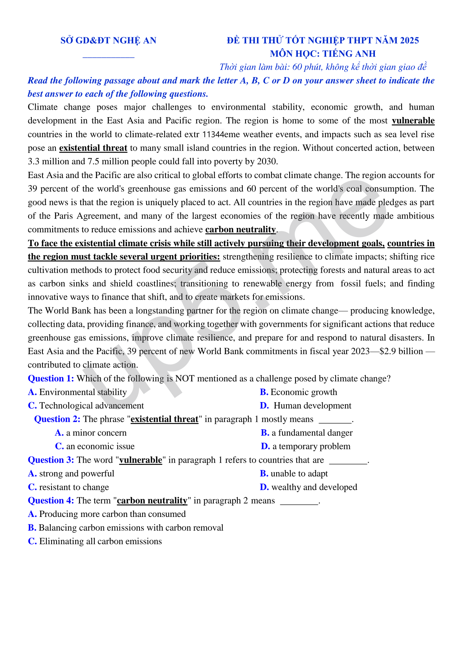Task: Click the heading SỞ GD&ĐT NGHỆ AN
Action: pyautogui.click(x=108, y=40)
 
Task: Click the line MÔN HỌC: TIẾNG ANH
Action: pyautogui.click(x=323, y=54)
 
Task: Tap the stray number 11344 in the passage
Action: pyautogui.click(x=213, y=134)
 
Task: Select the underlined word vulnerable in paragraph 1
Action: pyautogui.click(x=413, y=121)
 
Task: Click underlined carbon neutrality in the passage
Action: pyautogui.click(x=240, y=230)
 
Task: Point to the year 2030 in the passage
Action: pyautogui.click(x=267, y=162)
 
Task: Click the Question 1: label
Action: pyautogui.click(x=51, y=379)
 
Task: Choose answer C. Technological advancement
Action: pyautogui.click(x=86, y=406)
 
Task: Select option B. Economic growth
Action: pyautogui.click(x=299, y=392)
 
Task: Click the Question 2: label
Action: pyautogui.click(x=57, y=419)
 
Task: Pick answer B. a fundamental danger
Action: pyautogui.click(x=307, y=433)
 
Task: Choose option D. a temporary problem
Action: pyautogui.click(x=306, y=447)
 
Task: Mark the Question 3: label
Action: pyautogui.click(x=51, y=460)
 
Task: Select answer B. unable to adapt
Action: pyautogui.click(x=294, y=474)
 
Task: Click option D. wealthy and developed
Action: pyautogui.click(x=308, y=487)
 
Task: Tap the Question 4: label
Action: pyautogui.click(x=51, y=501)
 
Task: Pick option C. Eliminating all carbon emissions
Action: pyautogui.click(x=95, y=542)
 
